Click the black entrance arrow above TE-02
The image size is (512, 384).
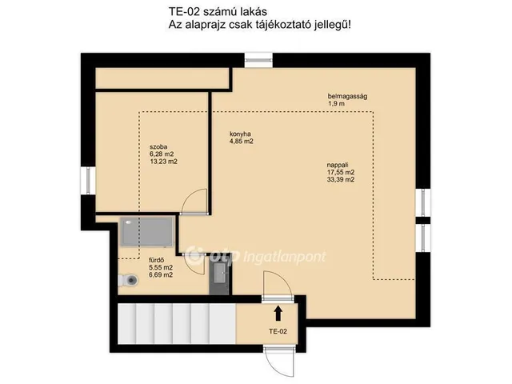tap(278, 312)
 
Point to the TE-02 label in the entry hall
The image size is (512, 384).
tap(278, 330)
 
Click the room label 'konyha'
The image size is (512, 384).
tap(242, 134)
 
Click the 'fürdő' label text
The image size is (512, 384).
tap(157, 260)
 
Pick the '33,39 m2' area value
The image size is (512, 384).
tap(341, 180)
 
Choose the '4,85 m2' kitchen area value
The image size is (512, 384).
tap(242, 142)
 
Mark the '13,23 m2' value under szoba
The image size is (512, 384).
tap(163, 162)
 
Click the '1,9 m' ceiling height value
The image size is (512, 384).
tap(336, 104)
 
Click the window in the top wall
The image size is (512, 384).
tap(258, 58)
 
